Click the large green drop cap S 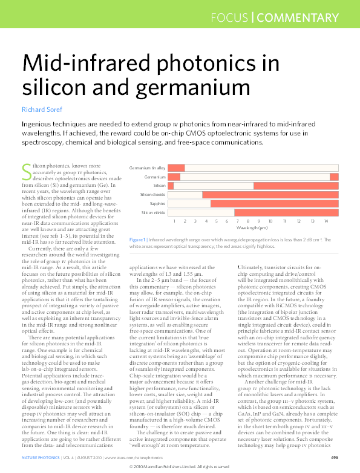click(x=26, y=171)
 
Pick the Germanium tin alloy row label click(x=148, y=168)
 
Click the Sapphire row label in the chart click(x=157, y=204)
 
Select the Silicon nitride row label click(x=154, y=213)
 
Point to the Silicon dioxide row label click(x=153, y=195)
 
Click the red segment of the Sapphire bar click(x=274, y=204)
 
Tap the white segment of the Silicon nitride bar click(x=201, y=213)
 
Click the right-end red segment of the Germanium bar click(x=334, y=177)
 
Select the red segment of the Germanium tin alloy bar click(x=176, y=168)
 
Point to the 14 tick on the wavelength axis click(x=326, y=221)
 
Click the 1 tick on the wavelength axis click(x=174, y=221)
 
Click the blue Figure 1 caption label click(x=137, y=240)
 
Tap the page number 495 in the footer click(x=334, y=458)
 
